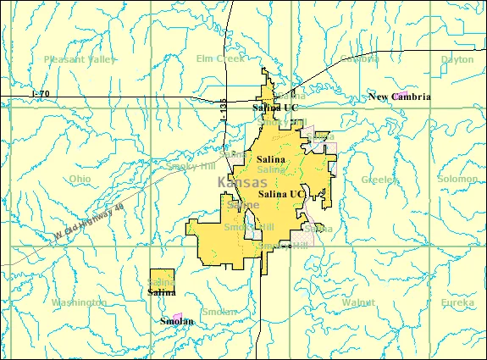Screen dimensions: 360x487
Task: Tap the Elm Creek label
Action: pos(219,58)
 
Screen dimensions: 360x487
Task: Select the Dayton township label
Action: pos(457,59)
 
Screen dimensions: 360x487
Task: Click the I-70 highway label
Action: pos(40,91)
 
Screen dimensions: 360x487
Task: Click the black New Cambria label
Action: pos(400,97)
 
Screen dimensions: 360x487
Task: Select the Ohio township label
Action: pos(80,180)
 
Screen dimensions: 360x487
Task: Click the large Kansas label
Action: pos(241,182)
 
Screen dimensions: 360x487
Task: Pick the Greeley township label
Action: pos(379,180)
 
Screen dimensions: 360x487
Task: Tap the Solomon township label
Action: pos(457,180)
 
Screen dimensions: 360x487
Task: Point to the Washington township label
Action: pos(79,302)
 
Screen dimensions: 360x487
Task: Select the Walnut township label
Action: pos(358,302)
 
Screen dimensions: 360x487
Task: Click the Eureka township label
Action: pos(458,302)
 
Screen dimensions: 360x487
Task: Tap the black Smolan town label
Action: pos(176,322)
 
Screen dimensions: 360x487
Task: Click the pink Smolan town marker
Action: pos(177,316)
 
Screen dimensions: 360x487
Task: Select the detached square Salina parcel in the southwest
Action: pos(162,280)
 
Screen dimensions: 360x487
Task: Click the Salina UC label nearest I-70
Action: pos(275,108)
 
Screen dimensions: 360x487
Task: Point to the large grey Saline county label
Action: pos(244,205)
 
